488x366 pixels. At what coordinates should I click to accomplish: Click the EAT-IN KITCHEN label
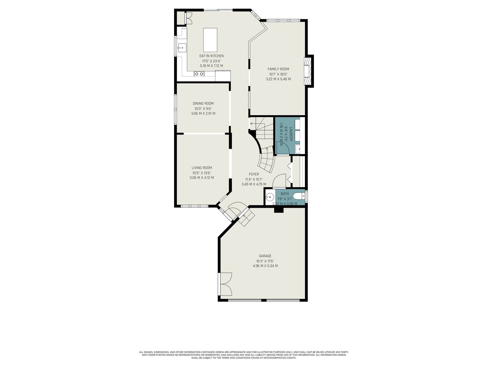211,56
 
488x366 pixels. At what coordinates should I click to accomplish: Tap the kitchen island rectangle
210,40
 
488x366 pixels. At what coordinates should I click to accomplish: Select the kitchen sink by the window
182,48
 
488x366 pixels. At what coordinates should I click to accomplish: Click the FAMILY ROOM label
278,69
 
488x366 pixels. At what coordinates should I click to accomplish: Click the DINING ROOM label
203,104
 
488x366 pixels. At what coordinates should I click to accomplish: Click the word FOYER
254,174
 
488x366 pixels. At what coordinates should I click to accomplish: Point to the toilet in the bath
299,196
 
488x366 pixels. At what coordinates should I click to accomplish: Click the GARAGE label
265,256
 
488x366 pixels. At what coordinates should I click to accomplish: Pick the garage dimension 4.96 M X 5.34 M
265,266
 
